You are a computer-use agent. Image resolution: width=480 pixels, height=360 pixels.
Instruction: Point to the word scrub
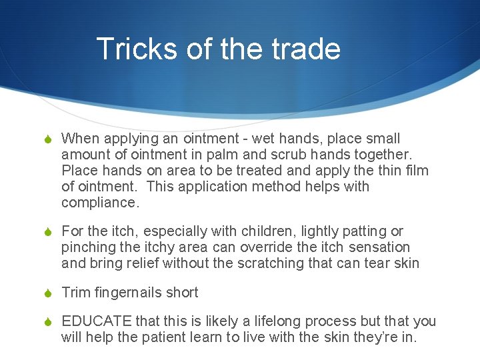tap(279, 155)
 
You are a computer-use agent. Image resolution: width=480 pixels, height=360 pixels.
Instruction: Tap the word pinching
tap(89, 247)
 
